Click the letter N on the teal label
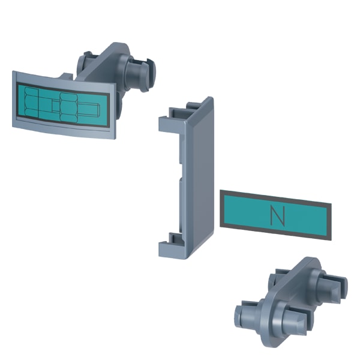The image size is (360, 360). [x=278, y=216]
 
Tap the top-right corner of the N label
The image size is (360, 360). [x=331, y=203]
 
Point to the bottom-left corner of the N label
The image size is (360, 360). [x=220, y=227]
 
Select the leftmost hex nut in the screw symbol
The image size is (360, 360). [x=31, y=101]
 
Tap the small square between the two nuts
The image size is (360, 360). [x=56, y=106]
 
